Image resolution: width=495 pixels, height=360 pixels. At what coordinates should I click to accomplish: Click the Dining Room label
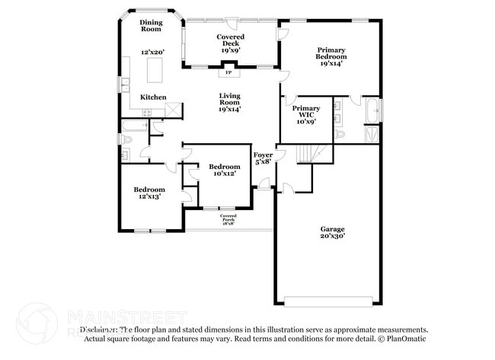tap(151, 26)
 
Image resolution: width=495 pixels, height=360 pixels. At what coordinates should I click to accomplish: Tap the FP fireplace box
tap(228, 73)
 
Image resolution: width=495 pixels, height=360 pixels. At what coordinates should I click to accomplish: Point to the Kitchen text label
tap(152, 97)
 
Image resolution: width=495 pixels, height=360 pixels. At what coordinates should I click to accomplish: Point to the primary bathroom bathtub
tap(372, 110)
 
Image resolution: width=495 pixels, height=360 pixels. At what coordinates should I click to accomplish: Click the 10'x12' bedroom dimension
tap(225, 174)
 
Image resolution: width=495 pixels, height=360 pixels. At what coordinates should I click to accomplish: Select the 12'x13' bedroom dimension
tap(149, 196)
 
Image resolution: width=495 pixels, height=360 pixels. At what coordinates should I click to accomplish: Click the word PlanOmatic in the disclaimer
tap(401, 339)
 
